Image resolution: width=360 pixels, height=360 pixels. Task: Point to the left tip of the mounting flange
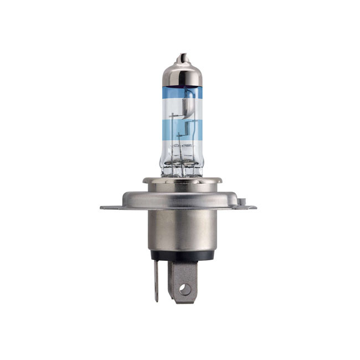click(102, 208)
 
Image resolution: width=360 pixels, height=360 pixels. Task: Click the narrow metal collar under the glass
click(182, 181)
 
